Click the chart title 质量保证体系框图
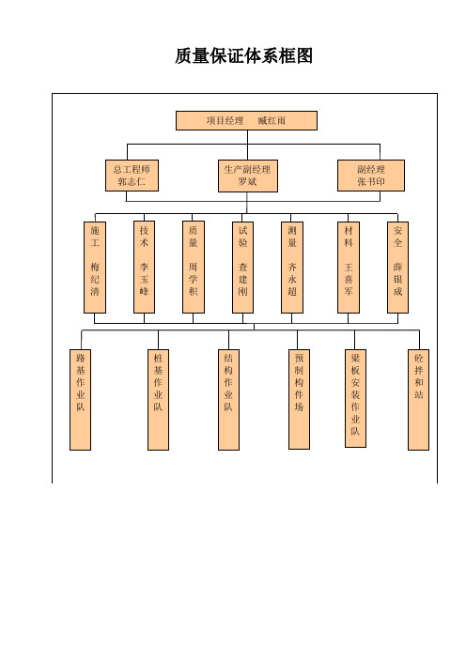[x=243, y=56]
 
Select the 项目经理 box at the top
[x=246, y=120]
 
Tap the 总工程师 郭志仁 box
[x=132, y=176]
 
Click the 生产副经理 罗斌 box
[x=248, y=176]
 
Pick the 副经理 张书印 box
[x=371, y=176]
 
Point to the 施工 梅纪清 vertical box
[x=95, y=268]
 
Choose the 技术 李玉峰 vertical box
[x=145, y=268]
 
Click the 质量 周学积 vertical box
[x=194, y=268]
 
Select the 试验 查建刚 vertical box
[x=242, y=268]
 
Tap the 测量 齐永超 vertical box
[x=292, y=268]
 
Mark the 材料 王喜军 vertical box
[x=349, y=268]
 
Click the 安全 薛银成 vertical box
[x=397, y=268]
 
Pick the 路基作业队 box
[x=81, y=400]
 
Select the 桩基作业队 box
[x=158, y=400]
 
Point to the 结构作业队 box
[x=229, y=400]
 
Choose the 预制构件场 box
[x=299, y=399]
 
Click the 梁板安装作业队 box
[x=355, y=398]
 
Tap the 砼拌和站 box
[x=418, y=400]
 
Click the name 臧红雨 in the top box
[x=272, y=120]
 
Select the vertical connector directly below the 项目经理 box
[x=247, y=145]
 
